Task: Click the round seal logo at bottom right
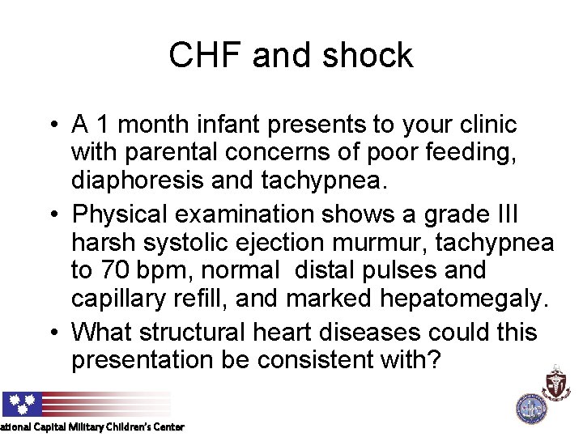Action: click(x=531, y=407)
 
